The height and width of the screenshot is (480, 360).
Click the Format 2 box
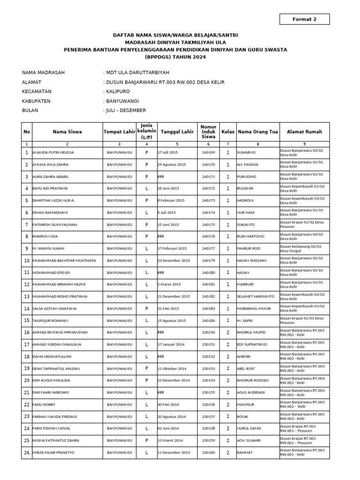304,19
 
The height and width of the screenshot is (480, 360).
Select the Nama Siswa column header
67,132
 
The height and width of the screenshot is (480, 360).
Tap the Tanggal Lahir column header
177,132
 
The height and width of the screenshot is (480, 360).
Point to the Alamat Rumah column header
304,132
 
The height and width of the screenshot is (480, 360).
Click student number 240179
208,261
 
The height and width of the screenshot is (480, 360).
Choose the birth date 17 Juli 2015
168,153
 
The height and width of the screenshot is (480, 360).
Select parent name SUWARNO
247,153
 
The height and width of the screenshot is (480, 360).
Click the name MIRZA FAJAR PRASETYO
53,453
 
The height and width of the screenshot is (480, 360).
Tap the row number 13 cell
27,297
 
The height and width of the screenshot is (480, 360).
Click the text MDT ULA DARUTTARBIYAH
137,73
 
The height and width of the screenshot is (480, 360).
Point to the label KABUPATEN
36,101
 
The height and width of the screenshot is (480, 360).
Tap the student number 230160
208,453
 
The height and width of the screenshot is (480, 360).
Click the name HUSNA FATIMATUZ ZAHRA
55,441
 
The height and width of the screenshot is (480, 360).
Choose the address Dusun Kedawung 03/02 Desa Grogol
300,248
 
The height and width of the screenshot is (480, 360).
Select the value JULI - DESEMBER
126,111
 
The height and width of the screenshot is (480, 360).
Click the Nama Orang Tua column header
258,132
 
